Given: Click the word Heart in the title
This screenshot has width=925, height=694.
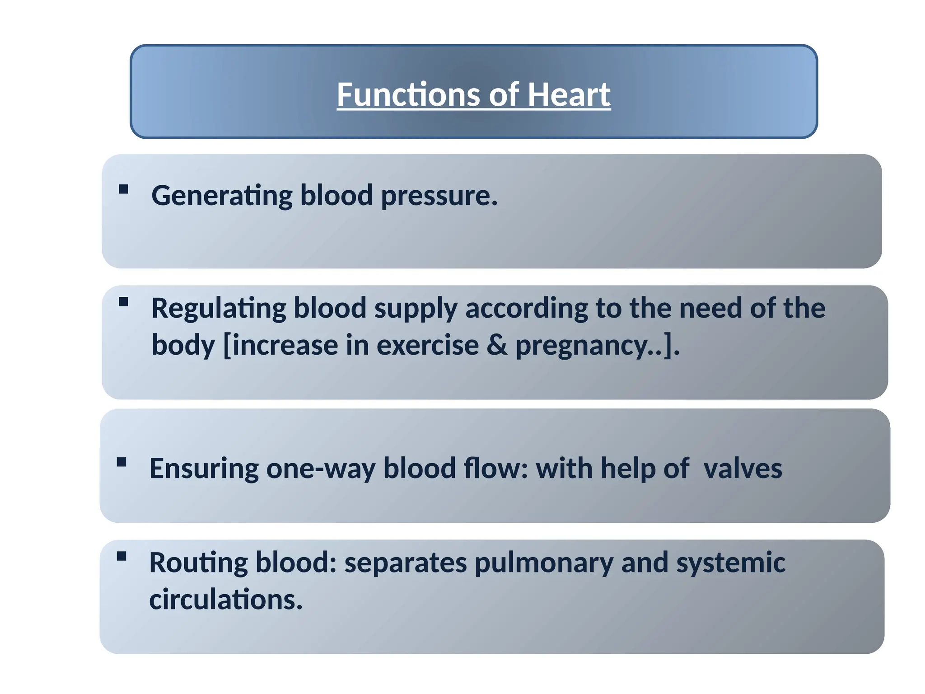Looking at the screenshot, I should pyautogui.click(x=569, y=95).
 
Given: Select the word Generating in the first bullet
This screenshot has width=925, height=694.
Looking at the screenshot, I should pyautogui.click(x=222, y=196).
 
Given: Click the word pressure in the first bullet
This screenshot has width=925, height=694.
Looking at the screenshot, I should pyautogui.click(x=439, y=196).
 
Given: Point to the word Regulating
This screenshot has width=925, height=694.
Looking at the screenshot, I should pyautogui.click(x=218, y=309).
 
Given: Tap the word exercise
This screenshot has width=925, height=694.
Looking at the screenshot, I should pyautogui.click(x=427, y=346).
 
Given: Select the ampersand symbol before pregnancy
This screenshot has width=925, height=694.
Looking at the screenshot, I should pyautogui.click(x=497, y=346).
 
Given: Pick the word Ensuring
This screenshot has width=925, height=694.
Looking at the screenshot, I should pyautogui.click(x=204, y=469).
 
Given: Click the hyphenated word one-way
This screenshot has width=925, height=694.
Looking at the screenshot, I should pyautogui.click(x=321, y=469).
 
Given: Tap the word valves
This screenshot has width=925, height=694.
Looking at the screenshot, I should pyautogui.click(x=743, y=469).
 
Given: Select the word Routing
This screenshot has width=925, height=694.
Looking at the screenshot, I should pyautogui.click(x=198, y=563).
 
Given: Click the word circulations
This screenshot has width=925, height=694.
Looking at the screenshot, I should pyautogui.click(x=225, y=600).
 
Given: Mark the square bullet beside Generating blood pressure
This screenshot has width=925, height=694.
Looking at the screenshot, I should pyautogui.click(x=123, y=189).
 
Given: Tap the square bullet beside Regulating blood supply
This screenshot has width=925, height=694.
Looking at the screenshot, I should pyautogui.click(x=123, y=302).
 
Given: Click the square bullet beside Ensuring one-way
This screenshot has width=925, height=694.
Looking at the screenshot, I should pyautogui.click(x=121, y=462).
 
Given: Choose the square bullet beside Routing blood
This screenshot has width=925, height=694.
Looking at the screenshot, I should pyautogui.click(x=121, y=556).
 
